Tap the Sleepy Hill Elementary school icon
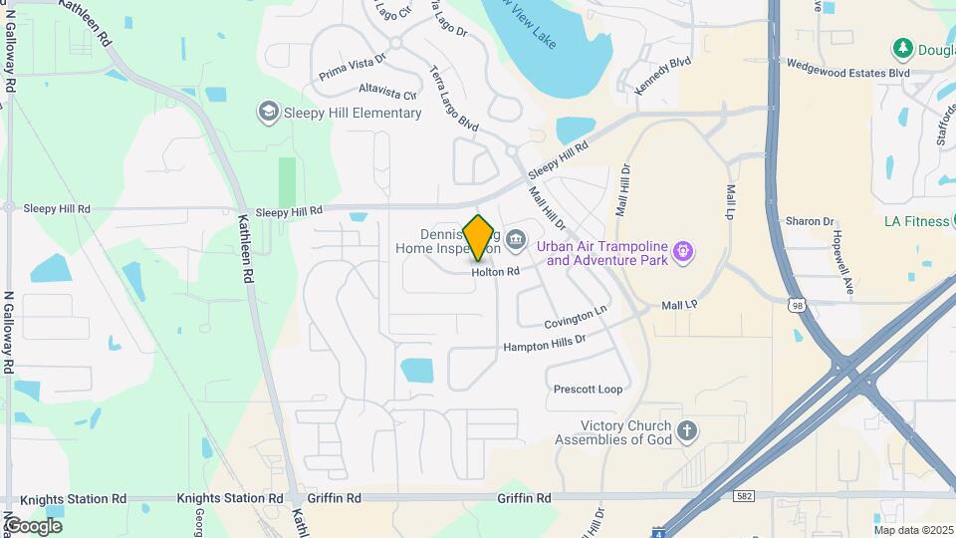coord(267,112)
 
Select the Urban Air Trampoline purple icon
coord(682,250)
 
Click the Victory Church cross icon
coord(685,431)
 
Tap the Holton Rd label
coord(496,271)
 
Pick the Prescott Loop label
coord(588,390)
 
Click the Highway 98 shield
coord(796,306)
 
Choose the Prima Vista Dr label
coord(351,68)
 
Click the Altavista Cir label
coord(387,93)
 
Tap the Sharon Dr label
coord(809,221)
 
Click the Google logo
coord(33,525)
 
